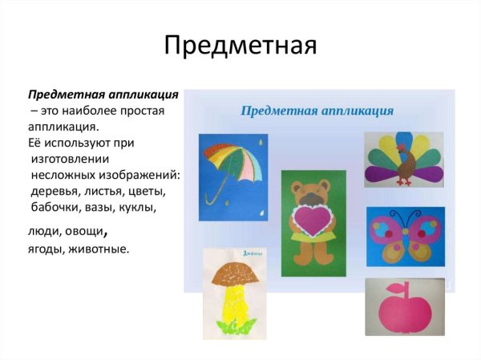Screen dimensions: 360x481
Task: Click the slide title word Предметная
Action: tap(240, 45)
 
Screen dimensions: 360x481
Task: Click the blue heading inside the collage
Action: tap(317, 108)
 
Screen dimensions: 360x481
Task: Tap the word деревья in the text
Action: tap(57, 191)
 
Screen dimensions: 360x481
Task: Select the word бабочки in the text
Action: tap(57, 207)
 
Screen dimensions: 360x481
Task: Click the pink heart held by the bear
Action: tap(313, 220)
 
